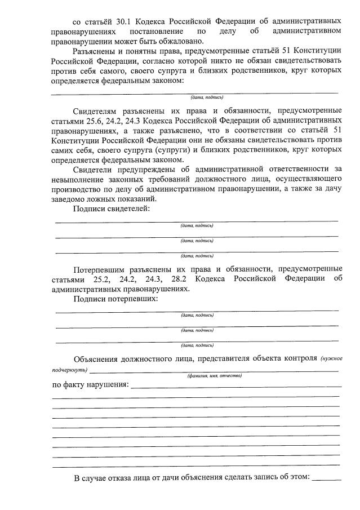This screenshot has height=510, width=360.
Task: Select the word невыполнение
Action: point(79,179)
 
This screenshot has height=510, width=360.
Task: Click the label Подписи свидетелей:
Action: point(110,209)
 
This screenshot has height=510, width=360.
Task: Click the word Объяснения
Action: point(100,360)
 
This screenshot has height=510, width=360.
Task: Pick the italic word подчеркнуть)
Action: point(70,370)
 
